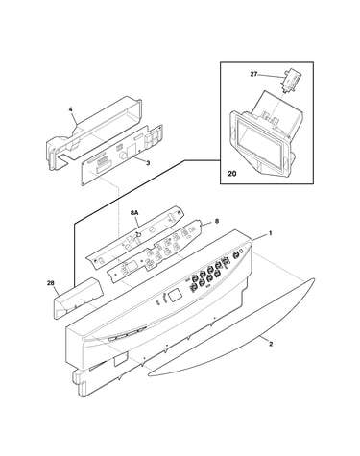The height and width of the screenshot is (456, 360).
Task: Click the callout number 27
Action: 253,74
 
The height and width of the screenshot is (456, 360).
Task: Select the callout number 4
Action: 71,109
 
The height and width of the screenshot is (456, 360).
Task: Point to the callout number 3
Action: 148,163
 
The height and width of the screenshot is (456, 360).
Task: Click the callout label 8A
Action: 134,212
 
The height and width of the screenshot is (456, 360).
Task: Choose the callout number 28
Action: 51,283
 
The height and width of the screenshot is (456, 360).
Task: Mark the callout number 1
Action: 270,233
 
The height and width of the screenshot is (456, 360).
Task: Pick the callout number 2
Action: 271,345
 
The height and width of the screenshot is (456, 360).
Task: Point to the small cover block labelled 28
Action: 78,298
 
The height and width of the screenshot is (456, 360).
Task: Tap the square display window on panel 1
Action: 174,296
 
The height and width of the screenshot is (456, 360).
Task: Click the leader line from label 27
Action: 270,76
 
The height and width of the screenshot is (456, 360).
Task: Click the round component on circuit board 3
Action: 123,156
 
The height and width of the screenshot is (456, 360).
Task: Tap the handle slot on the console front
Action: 127,334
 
